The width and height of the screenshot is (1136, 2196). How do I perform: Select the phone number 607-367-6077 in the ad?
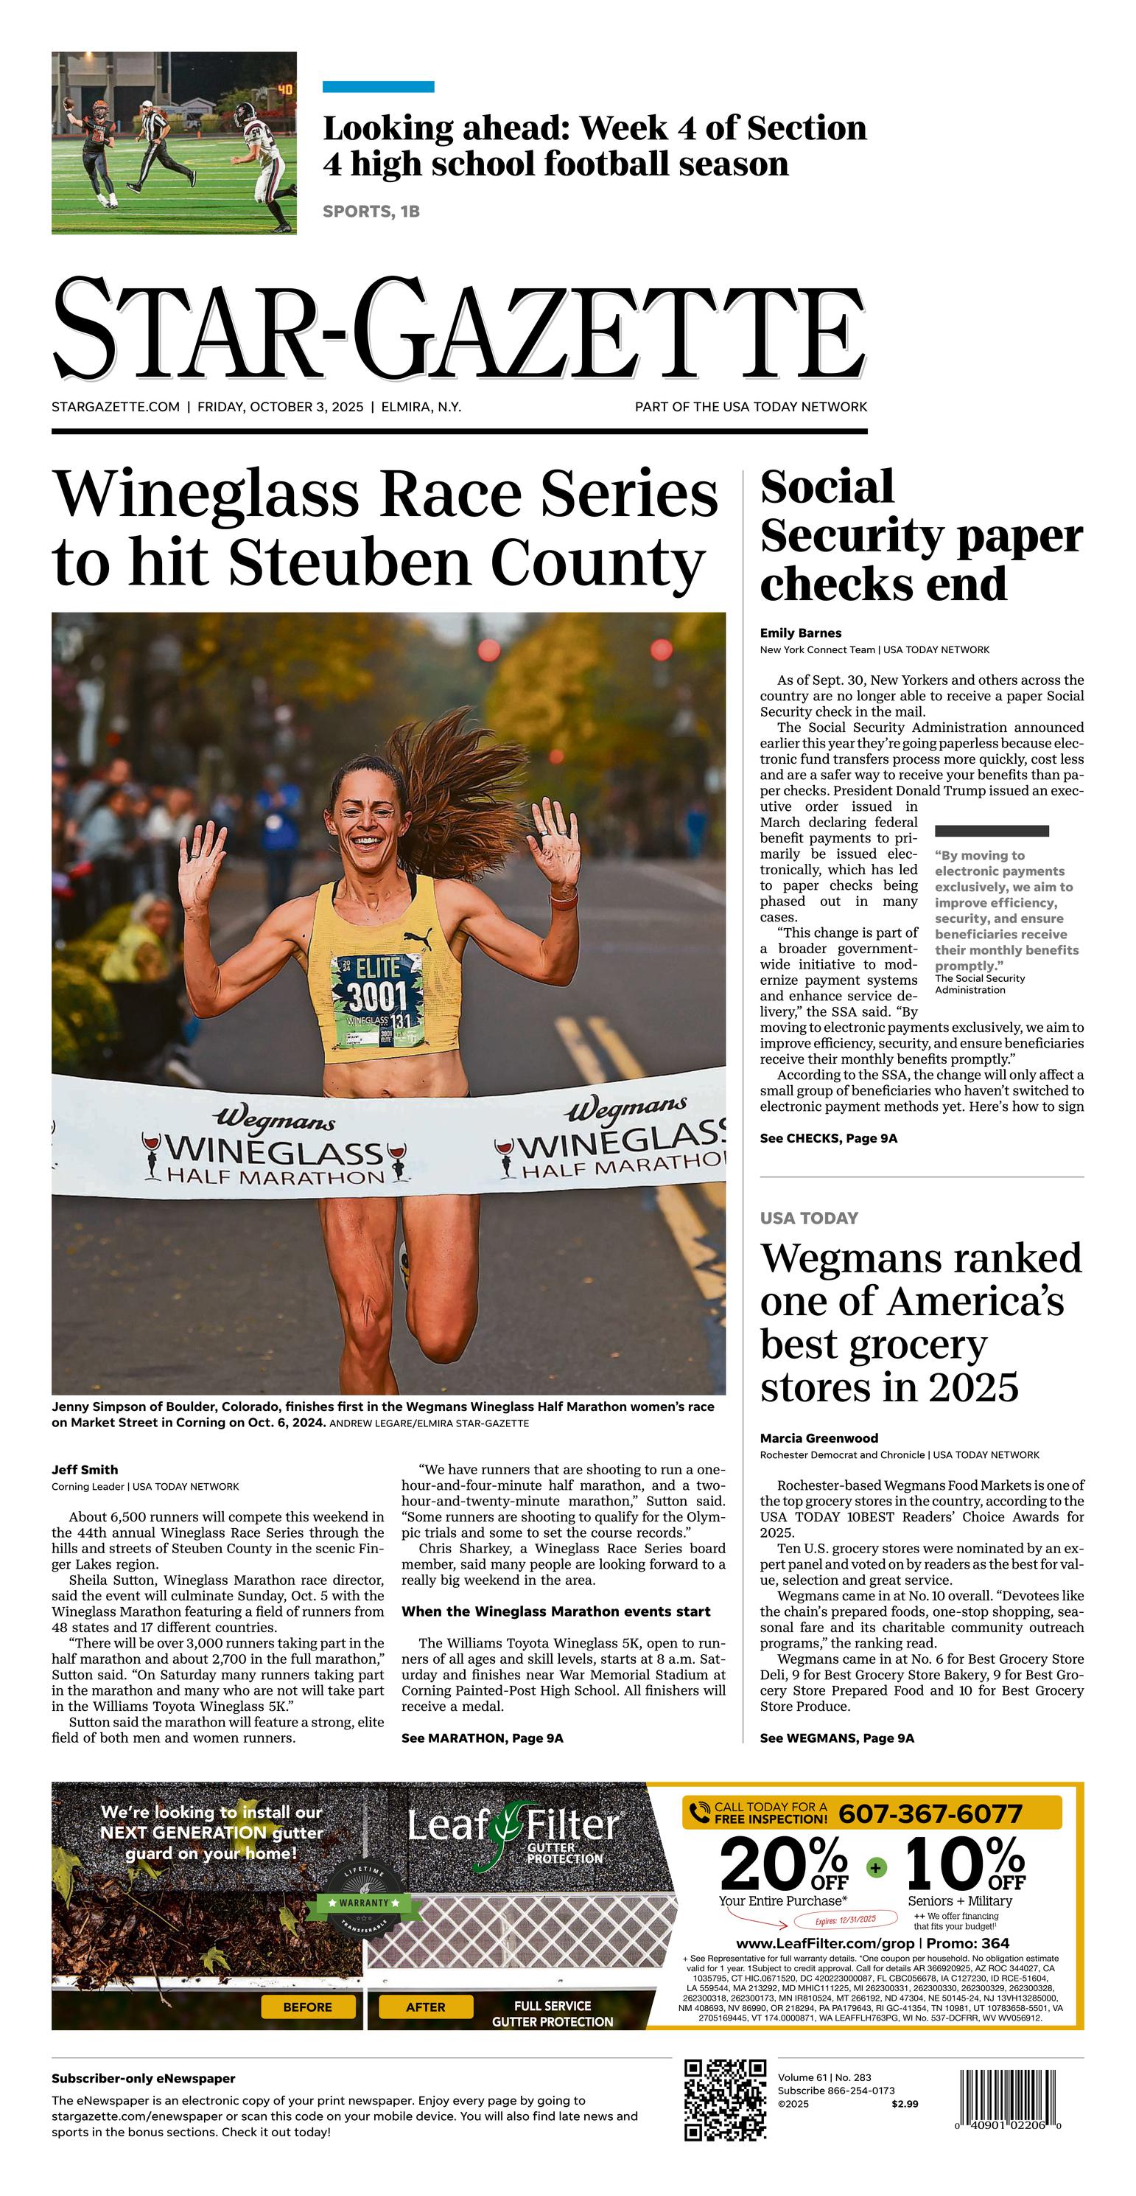tap(930, 1814)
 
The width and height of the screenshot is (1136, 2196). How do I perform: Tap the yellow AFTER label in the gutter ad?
tap(425, 2007)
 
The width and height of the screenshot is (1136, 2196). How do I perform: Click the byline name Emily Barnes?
tap(800, 632)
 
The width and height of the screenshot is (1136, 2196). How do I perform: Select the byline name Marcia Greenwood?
tap(819, 1437)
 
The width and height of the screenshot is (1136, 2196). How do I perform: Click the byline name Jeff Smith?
tap(85, 1469)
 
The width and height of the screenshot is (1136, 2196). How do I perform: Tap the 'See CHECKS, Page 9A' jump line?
tap(828, 1138)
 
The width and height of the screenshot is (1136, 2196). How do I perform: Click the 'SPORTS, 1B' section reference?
tap(371, 212)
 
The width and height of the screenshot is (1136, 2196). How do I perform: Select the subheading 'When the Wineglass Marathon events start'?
tap(555, 1611)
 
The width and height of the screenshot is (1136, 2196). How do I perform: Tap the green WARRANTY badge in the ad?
tap(364, 1902)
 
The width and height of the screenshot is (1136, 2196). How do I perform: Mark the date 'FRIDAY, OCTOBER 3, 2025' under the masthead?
tap(281, 407)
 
